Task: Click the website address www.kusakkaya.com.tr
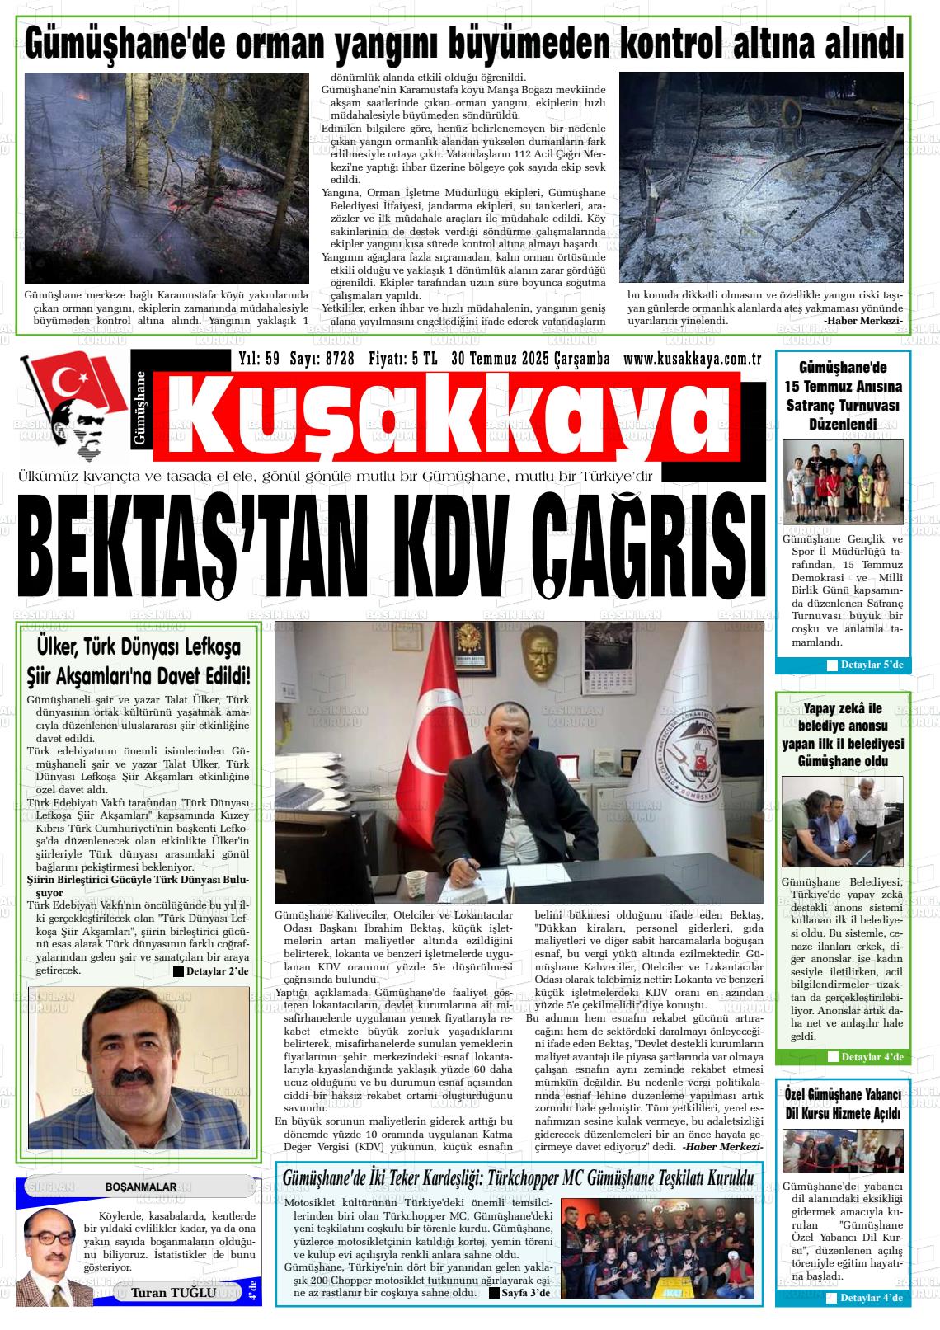coord(691,359)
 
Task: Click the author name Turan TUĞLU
coord(174,1292)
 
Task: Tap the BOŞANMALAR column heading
coord(141,1187)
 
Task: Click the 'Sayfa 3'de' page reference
coord(519,1292)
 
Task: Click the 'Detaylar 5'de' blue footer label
coord(865,665)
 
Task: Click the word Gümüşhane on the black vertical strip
coord(140,408)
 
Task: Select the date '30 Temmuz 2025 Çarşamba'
coord(530,359)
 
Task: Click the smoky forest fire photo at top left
coord(166,178)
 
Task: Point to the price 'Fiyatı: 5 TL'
coord(402,359)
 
